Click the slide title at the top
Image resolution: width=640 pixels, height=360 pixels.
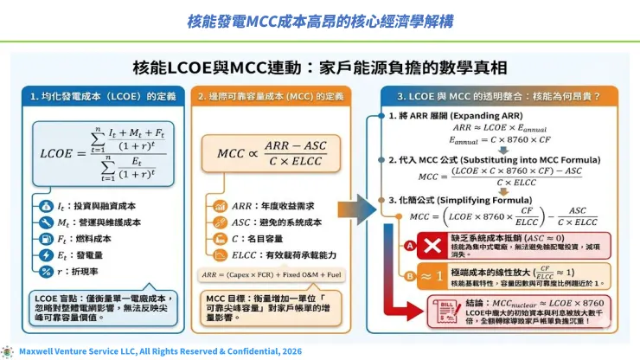point(319,19)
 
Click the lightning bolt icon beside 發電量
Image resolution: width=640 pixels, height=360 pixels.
point(45,255)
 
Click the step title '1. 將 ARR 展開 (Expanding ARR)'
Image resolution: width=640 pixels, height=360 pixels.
point(457,116)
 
